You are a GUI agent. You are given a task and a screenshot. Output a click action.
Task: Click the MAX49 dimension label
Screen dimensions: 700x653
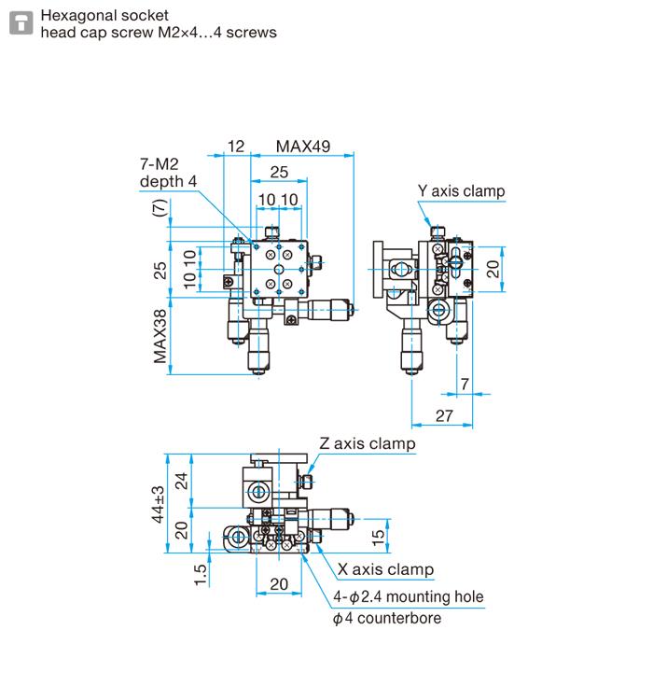click(302, 147)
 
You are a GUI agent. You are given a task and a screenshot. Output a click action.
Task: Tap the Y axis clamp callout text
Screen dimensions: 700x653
click(461, 191)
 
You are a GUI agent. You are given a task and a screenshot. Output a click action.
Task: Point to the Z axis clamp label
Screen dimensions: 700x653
click(367, 443)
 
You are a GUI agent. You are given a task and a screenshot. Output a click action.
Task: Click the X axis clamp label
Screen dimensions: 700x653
click(385, 569)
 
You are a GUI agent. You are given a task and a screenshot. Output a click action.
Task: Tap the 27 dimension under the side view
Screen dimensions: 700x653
click(444, 415)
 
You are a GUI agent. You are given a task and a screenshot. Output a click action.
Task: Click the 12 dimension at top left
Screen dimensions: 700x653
click(235, 147)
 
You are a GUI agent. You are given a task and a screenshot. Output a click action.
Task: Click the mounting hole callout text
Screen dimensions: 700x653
click(409, 596)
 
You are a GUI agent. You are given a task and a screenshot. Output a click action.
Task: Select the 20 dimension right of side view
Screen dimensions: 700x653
click(493, 269)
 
